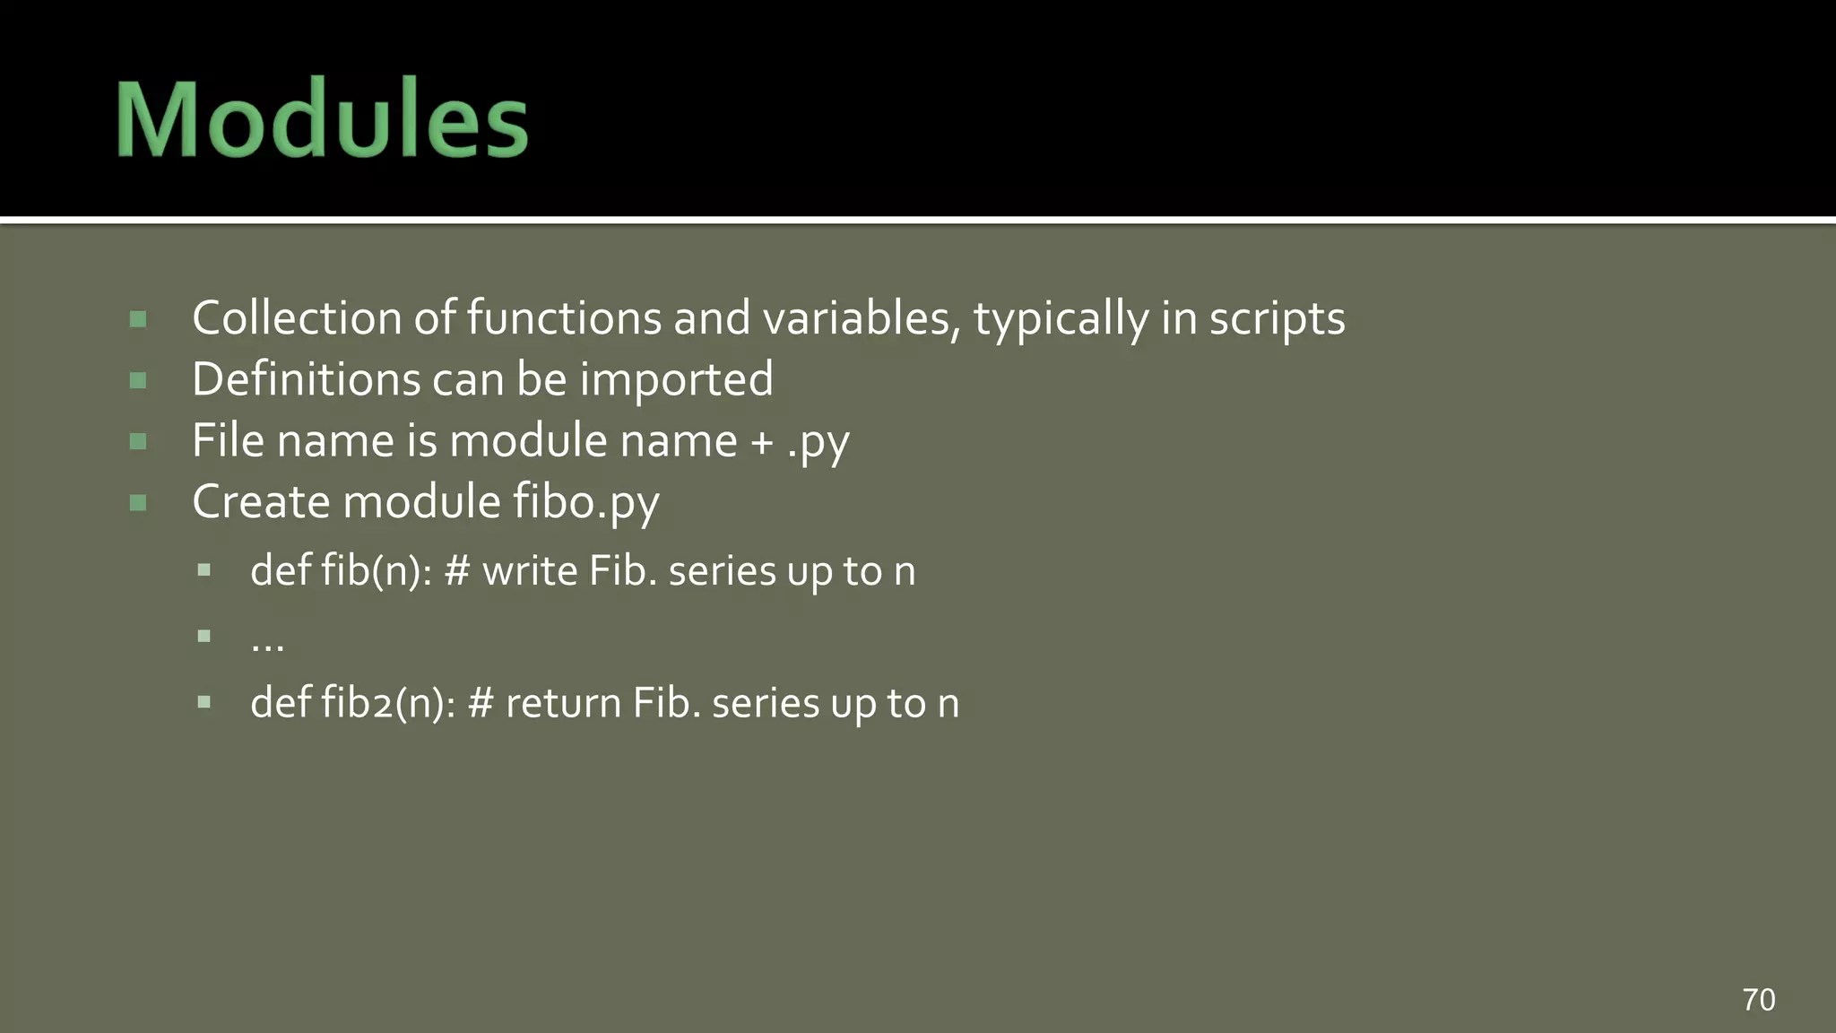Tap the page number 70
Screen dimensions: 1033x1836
tap(1758, 999)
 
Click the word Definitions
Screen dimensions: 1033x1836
tap(305, 379)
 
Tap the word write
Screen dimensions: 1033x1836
tap(530, 571)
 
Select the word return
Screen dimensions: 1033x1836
tap(563, 703)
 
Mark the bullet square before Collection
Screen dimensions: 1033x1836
tap(138, 319)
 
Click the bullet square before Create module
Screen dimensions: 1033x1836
tap(138, 503)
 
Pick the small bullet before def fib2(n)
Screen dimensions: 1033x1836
tap(204, 702)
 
